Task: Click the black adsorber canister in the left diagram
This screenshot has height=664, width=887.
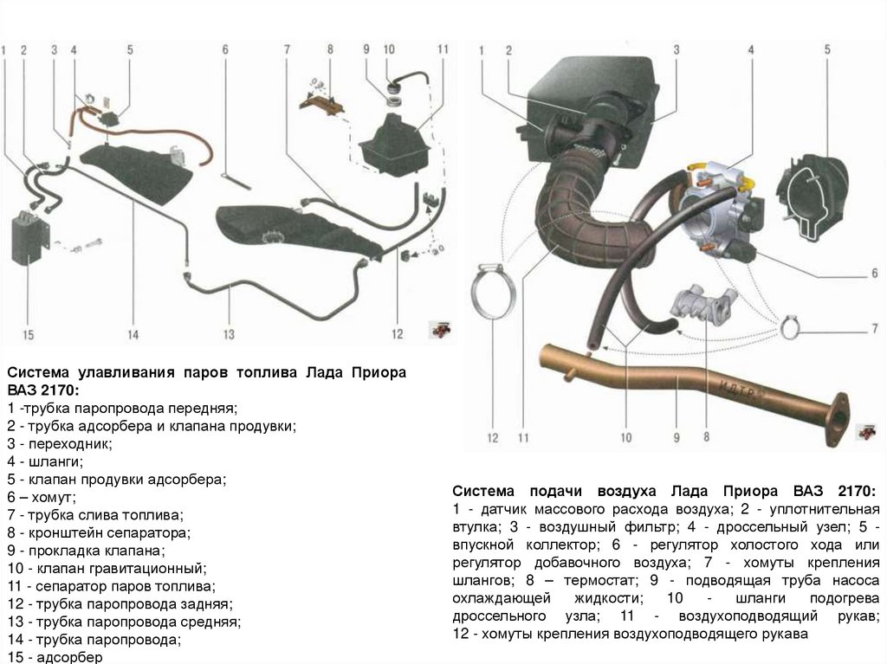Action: pyautogui.click(x=28, y=235)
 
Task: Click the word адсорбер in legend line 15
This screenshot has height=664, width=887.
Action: pyautogui.click(x=66, y=657)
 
